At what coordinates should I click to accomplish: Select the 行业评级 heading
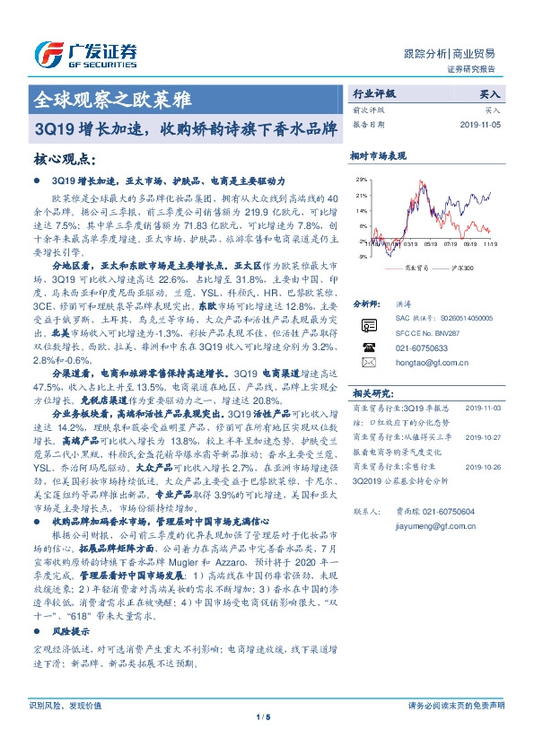click(x=373, y=93)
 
